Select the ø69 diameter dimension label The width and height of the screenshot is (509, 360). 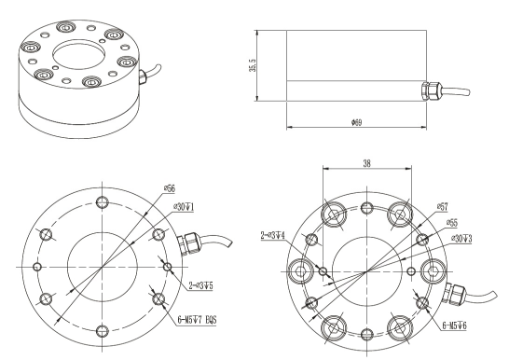tap(357, 121)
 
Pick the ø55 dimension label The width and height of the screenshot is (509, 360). tap(454, 223)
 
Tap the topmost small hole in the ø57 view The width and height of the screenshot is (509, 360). tap(368, 207)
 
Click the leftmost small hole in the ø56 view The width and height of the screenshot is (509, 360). tap(37, 268)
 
